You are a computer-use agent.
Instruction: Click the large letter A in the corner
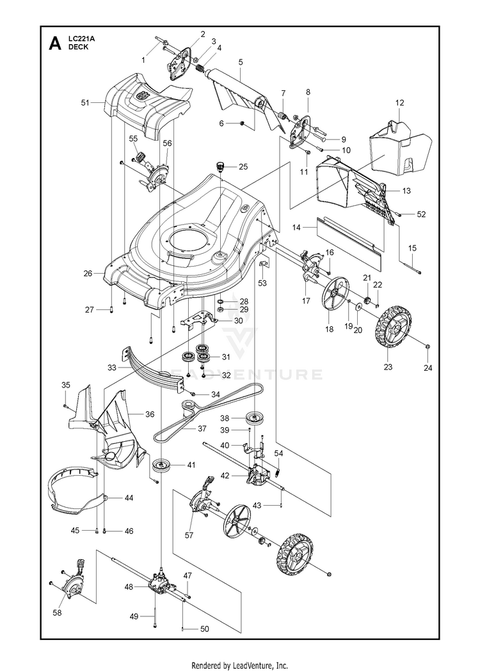pyautogui.click(x=56, y=44)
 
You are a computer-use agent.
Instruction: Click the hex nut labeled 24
pyautogui.click(x=427, y=347)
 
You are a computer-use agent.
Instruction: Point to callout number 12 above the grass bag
pyautogui.click(x=400, y=102)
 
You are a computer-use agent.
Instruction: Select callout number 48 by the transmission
pyautogui.click(x=129, y=586)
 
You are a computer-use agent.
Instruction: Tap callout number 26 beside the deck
pyautogui.click(x=88, y=273)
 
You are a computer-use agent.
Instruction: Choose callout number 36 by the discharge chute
pyautogui.click(x=149, y=414)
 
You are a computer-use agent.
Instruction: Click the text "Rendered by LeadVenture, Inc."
pyautogui.click(x=240, y=665)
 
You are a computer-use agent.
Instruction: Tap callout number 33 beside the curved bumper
pyautogui.click(x=111, y=368)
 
